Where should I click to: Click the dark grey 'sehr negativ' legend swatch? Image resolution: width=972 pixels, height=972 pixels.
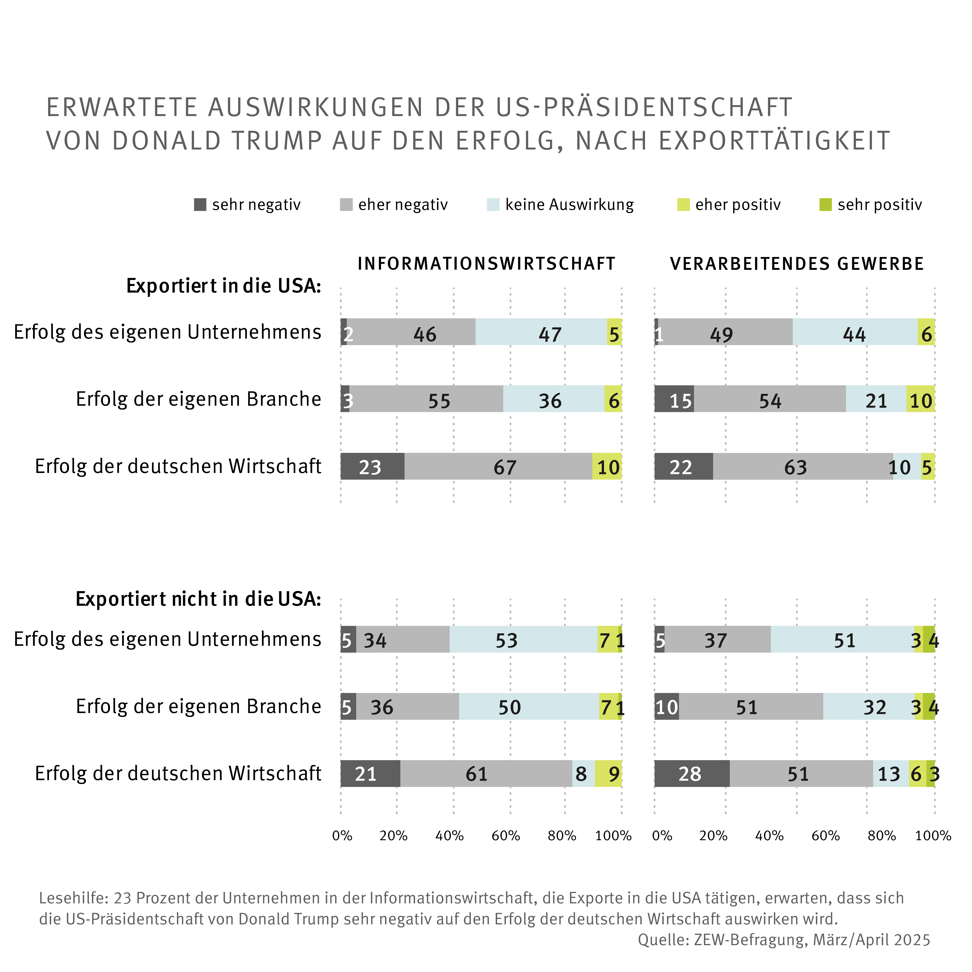(200, 205)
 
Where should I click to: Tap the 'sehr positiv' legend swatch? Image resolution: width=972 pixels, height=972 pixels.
(826, 205)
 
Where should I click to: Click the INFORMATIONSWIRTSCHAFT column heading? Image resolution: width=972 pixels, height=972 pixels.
(487, 264)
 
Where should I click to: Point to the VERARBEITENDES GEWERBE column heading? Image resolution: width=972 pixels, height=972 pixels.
(797, 264)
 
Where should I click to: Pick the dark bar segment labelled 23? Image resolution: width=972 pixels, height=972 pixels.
(372, 466)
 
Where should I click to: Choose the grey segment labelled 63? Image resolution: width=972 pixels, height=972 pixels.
(803, 466)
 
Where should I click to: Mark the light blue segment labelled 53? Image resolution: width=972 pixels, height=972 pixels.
(523, 639)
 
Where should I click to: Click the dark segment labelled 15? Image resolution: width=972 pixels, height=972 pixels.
(674, 399)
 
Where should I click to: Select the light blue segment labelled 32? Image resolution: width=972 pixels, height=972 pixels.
(869, 706)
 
